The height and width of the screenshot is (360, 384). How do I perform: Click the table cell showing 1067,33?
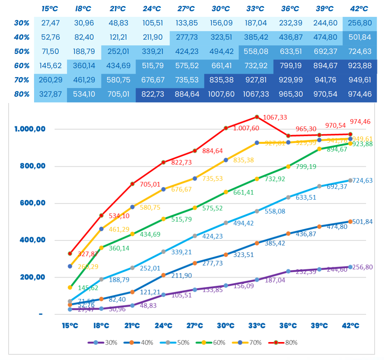click(x=256, y=94)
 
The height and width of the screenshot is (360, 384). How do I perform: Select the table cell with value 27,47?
click(x=51, y=23)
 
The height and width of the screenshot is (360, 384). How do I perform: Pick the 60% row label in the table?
click(x=22, y=66)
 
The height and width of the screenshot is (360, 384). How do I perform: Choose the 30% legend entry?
click(x=101, y=342)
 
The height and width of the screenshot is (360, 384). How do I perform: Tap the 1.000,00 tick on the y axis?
click(x=30, y=129)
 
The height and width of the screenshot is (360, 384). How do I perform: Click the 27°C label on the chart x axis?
click(x=195, y=326)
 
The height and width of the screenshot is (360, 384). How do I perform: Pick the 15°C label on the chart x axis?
click(x=70, y=326)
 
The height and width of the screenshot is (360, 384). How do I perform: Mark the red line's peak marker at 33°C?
click(x=257, y=117)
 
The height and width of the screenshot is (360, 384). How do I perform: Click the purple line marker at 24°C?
click(x=164, y=295)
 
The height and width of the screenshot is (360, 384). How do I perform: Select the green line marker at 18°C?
click(x=101, y=248)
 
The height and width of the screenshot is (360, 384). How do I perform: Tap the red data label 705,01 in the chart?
click(x=150, y=184)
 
